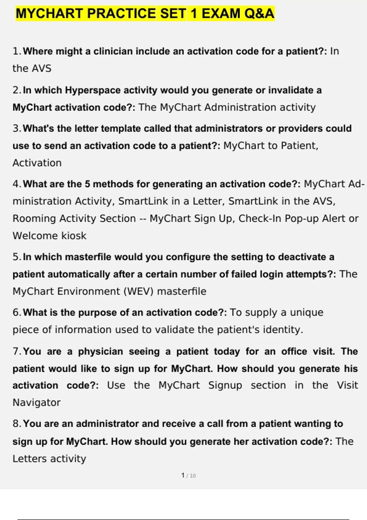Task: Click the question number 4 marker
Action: pos(17,184)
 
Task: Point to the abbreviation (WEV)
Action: pos(138,291)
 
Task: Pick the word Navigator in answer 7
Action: pos(36,403)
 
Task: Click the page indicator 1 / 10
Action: pos(188,476)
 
